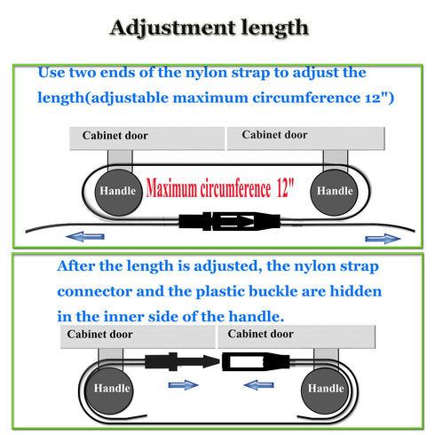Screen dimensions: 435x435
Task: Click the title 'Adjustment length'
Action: pos(210,28)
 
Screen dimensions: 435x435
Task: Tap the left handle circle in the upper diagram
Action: pos(118,193)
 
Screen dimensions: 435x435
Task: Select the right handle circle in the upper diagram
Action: pos(334,193)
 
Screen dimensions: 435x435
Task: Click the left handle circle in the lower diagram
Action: pos(109,391)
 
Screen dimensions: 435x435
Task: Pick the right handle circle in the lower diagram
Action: pos(325,391)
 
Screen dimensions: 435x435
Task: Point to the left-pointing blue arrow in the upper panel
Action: pos(85,236)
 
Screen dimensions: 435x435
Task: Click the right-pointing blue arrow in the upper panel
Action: pos(383,239)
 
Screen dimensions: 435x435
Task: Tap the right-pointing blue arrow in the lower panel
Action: pos(184,385)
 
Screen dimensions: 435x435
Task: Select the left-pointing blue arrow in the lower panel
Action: pos(258,385)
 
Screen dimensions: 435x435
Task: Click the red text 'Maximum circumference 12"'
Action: pos(220,188)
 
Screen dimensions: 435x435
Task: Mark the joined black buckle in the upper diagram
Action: pos(229,221)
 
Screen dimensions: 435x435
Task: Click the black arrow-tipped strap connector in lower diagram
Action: pos(182,361)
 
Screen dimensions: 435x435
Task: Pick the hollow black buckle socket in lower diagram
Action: pos(256,361)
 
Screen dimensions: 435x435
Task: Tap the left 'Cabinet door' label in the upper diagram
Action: pos(115,136)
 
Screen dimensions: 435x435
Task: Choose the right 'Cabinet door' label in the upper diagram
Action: pos(274,135)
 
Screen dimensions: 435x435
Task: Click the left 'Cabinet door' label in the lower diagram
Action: pos(99,334)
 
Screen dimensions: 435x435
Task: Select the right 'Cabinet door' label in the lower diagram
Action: pos(260,334)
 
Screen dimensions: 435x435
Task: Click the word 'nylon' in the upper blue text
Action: pos(206,73)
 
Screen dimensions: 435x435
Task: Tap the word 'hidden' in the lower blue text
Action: pos(356,291)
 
